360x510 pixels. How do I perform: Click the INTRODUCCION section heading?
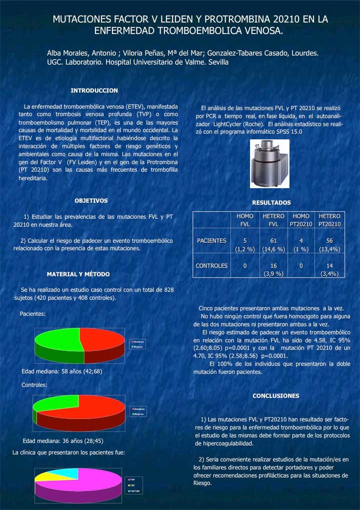click(x=94, y=91)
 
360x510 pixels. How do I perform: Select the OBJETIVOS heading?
click(x=91, y=201)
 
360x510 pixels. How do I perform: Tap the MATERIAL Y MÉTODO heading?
click(x=78, y=274)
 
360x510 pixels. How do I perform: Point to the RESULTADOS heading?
click(x=271, y=203)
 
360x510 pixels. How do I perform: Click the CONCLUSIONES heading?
click(x=275, y=396)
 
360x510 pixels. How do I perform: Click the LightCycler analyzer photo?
click(x=269, y=162)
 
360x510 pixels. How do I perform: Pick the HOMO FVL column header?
click(x=245, y=220)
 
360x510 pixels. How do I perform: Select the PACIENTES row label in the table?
click(x=211, y=241)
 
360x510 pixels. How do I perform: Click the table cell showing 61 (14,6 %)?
click(x=273, y=245)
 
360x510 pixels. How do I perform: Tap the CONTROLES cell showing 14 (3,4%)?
click(x=329, y=269)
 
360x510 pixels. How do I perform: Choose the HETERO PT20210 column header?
click(x=329, y=220)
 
